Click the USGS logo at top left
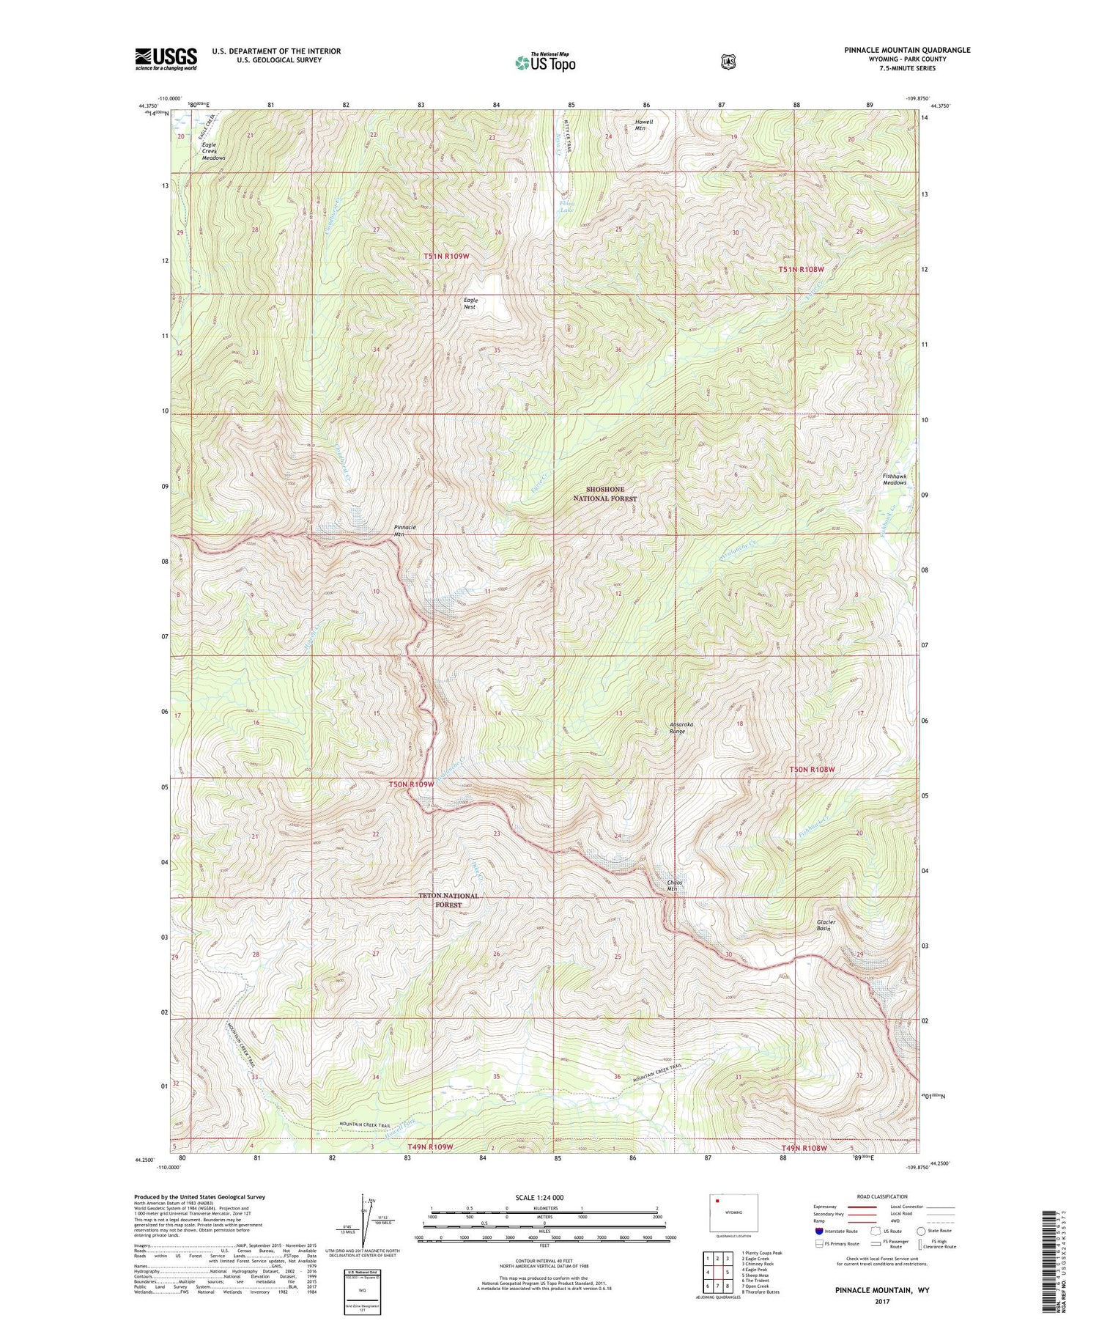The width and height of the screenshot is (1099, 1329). pyautogui.click(x=166, y=59)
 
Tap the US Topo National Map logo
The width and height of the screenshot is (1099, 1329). pyautogui.click(x=545, y=62)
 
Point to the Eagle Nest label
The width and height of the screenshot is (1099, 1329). pyautogui.click(x=470, y=303)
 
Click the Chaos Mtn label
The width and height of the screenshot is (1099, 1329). pyautogui.click(x=674, y=886)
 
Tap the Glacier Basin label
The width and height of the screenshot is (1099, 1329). pyautogui.click(x=826, y=925)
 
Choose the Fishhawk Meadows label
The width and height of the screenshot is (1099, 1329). pyautogui.click(x=894, y=479)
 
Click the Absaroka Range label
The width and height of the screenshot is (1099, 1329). pyautogui.click(x=681, y=727)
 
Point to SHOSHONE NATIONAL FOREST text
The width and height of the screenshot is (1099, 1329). pyautogui.click(x=604, y=493)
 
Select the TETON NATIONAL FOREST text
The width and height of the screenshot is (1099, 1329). pyautogui.click(x=448, y=899)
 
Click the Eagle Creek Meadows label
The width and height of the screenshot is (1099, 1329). pyautogui.click(x=213, y=151)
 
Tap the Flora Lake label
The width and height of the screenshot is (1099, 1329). pyautogui.click(x=566, y=206)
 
